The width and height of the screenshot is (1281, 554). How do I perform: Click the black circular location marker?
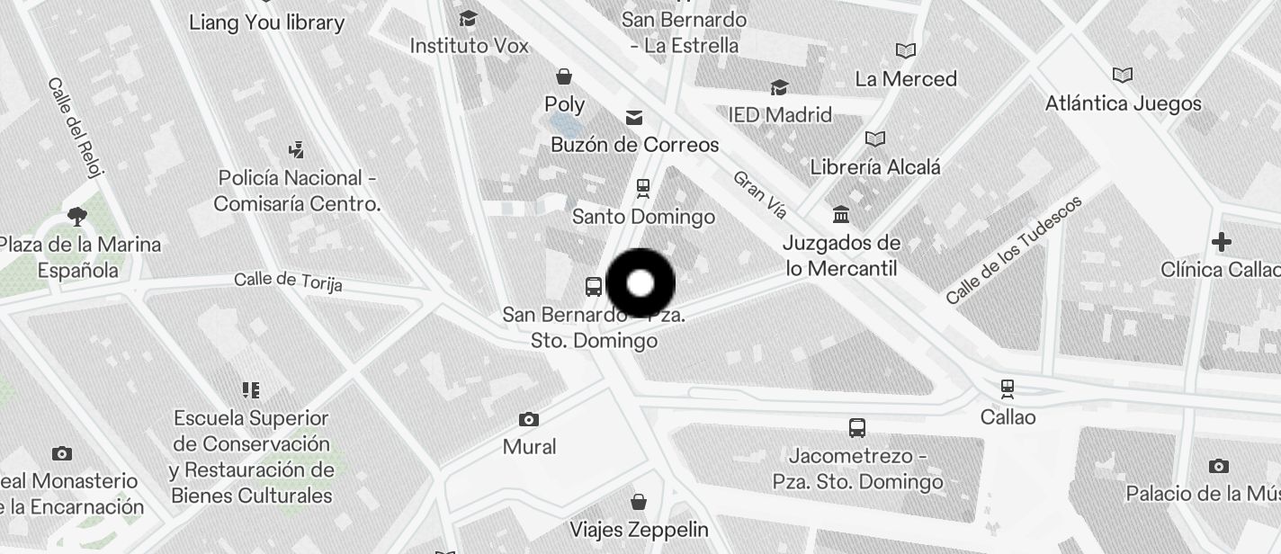click(640, 284)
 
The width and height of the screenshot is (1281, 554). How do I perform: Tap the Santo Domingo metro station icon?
click(642, 188)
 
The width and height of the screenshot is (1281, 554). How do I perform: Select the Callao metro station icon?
click(1008, 389)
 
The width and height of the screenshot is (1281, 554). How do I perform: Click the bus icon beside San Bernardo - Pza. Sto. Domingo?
click(594, 287)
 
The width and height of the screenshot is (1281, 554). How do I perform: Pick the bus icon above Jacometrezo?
click(857, 428)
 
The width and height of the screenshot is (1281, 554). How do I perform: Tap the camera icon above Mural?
click(529, 419)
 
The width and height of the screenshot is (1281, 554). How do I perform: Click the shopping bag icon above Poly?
click(564, 76)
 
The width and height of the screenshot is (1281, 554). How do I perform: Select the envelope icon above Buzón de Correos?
click(634, 117)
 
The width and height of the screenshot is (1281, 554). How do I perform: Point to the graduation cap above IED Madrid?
click(779, 87)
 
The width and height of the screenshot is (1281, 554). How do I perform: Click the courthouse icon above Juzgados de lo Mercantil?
click(841, 215)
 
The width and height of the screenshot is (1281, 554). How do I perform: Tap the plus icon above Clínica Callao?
click(1221, 242)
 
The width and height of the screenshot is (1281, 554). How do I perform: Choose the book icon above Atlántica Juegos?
click(1122, 75)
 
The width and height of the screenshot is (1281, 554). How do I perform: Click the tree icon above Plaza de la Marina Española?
click(77, 216)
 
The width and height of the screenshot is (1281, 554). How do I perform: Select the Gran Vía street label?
click(760, 194)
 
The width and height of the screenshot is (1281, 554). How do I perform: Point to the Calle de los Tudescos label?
click(1014, 249)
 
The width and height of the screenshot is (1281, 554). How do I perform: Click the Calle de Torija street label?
click(288, 281)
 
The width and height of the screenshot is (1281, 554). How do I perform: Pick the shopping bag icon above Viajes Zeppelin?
click(638, 501)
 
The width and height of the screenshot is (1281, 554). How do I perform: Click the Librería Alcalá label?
click(874, 167)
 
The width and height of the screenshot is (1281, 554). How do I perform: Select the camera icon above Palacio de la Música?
click(1218, 466)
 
